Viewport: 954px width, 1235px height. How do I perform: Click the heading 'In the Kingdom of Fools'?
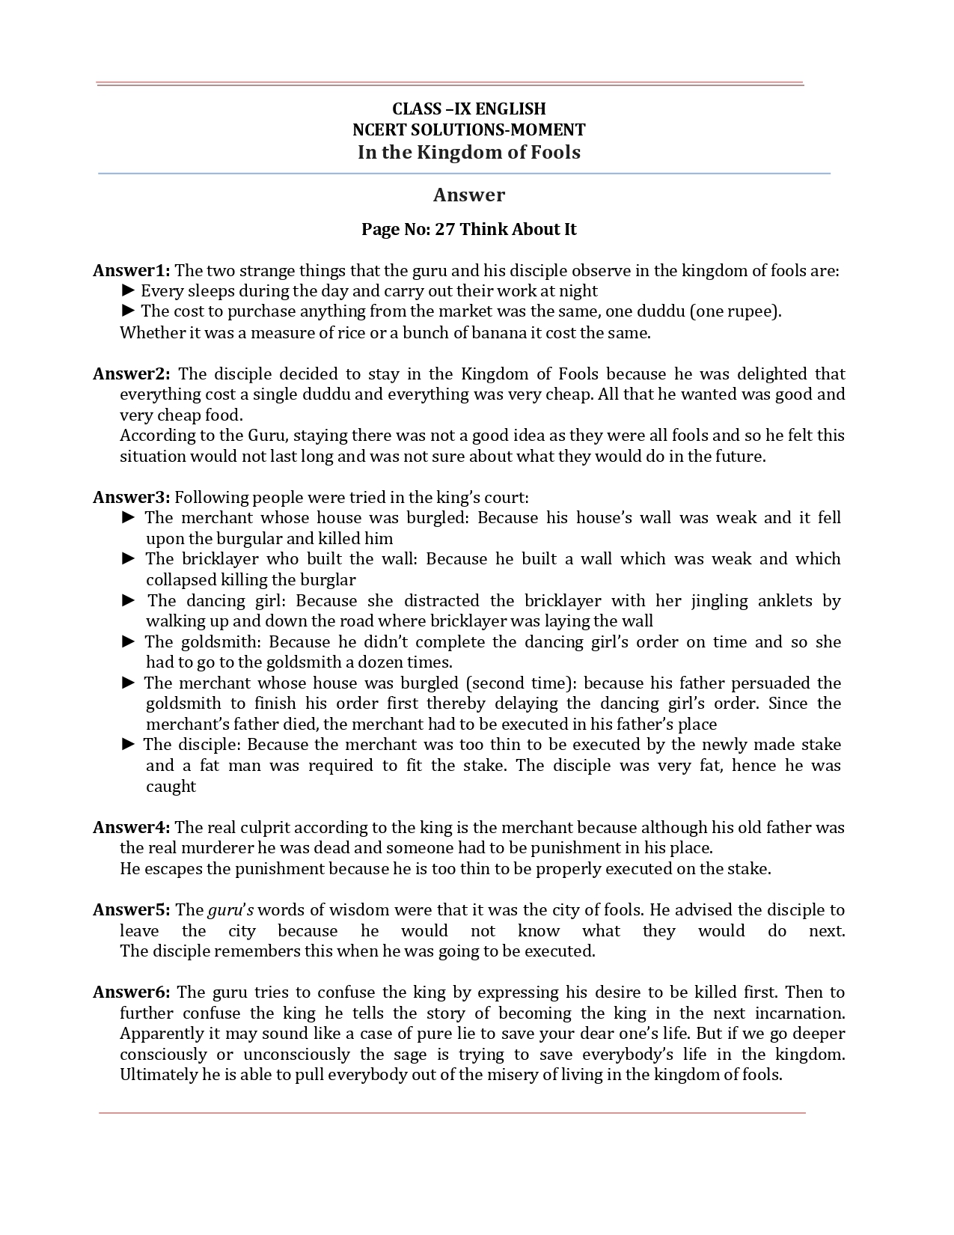tap(469, 152)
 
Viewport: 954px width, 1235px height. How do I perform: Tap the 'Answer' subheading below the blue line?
tap(469, 195)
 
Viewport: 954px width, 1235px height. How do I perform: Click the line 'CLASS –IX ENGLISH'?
tap(469, 109)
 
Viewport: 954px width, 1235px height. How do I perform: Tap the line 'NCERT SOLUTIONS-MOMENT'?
tap(469, 129)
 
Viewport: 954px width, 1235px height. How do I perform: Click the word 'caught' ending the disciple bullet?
tap(171, 786)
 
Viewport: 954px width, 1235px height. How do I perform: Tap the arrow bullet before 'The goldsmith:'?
tap(129, 641)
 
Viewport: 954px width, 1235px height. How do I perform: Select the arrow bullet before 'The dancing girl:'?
tap(129, 600)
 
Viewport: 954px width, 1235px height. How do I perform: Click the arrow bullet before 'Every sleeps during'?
tap(128, 290)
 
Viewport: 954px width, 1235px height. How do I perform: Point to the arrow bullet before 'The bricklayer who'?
tap(129, 558)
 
